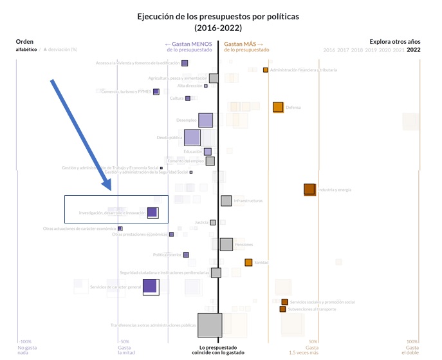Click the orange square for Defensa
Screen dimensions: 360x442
click(278, 108)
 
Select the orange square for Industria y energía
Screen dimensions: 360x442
click(309, 189)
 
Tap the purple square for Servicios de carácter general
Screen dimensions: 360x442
click(150, 287)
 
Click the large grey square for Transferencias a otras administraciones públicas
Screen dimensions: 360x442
click(210, 325)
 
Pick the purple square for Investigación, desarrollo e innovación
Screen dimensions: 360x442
click(152, 213)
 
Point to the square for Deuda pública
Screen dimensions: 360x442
click(192, 137)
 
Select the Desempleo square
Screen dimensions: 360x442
click(205, 120)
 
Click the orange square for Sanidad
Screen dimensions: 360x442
click(248, 262)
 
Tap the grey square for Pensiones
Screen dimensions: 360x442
click(226, 244)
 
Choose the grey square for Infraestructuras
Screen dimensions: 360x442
click(226, 201)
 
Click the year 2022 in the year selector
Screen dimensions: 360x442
click(414, 50)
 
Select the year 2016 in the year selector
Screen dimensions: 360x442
click(329, 50)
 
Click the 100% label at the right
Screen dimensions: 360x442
click(412, 342)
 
